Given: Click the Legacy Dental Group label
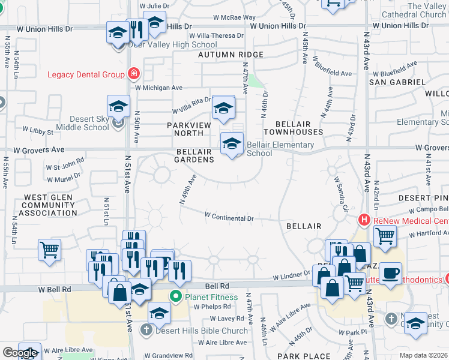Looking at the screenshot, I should click(86, 74).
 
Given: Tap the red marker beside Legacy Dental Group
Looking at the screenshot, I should click(133, 74).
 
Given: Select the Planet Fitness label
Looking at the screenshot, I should click(211, 296).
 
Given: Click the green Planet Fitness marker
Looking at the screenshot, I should click(175, 296).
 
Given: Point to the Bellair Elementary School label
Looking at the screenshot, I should click(280, 149).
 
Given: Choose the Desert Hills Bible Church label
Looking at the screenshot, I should click(202, 330).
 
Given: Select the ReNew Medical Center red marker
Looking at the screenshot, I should click(364, 220).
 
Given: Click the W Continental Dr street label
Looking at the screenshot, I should click(229, 215).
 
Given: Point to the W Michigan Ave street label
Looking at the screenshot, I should click(158, 88).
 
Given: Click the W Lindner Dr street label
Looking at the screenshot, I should click(291, 277).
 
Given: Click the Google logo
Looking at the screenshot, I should click(20, 353).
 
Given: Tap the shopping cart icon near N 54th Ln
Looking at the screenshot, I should click(49, 250).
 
